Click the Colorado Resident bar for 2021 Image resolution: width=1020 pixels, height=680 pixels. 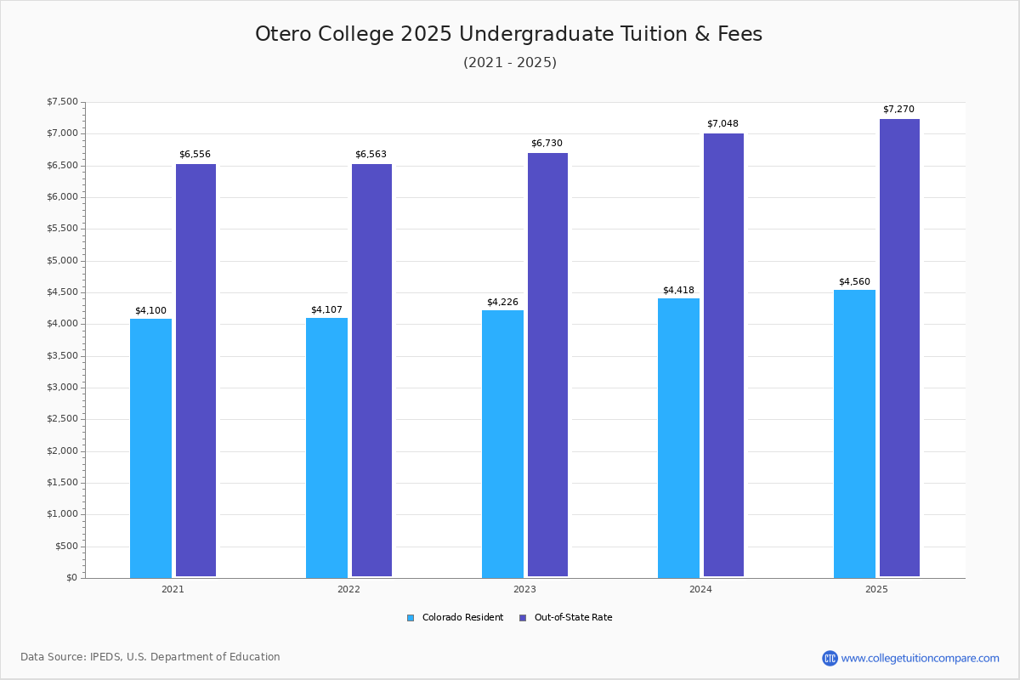pos(150,448)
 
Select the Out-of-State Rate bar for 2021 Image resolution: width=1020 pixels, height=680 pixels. pos(195,371)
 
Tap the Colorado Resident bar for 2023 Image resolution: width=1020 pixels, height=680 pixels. pos(502,444)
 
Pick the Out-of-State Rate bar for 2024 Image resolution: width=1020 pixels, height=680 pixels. pos(723,355)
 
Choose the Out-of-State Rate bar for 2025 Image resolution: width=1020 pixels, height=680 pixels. pos(899,348)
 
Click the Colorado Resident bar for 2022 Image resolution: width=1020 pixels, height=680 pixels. pos(326,447)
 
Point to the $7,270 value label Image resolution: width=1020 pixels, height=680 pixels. pos(898,110)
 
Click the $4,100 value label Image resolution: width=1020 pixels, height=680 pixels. pos(150,310)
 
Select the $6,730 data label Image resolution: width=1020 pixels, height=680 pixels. pos(547,144)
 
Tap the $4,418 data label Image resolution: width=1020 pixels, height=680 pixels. pos(678,291)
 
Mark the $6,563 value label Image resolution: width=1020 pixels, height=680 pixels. pos(371,155)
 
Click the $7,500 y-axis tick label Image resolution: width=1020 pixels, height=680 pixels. pos(62,102)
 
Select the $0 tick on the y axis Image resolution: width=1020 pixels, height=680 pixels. pos(71,578)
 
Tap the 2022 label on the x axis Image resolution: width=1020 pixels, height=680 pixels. pos(348,589)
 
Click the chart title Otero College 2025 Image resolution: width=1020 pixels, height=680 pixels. pos(508,34)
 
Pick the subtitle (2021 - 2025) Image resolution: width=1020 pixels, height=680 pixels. pos(510,63)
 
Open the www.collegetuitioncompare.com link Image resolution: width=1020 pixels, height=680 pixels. pos(920,658)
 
